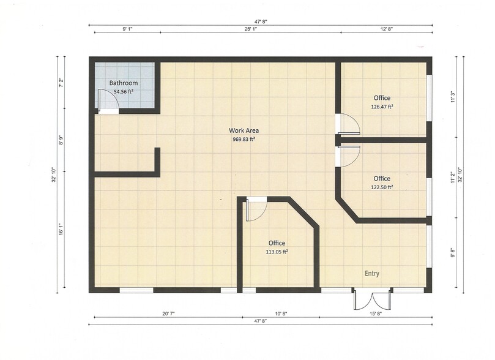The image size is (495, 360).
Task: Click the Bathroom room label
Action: point(123,83)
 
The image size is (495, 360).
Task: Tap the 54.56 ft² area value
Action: point(123,91)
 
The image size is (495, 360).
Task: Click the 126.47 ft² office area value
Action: point(382,106)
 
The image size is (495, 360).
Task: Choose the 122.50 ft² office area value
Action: point(382,187)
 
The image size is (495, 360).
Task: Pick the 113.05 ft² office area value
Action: point(277,251)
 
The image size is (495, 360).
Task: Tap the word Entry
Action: point(371,274)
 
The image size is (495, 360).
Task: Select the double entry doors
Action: point(371,299)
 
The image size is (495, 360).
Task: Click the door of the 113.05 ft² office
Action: point(255,210)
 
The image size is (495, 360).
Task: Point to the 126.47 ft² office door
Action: point(349,124)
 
